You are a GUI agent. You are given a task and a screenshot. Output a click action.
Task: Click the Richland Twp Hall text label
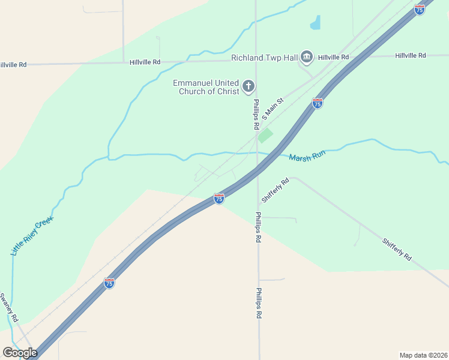pyautogui.click(x=265, y=58)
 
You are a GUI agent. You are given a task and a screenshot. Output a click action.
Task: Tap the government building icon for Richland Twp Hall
pyautogui.click(x=307, y=57)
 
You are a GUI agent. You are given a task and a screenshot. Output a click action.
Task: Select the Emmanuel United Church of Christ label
pyautogui.click(x=205, y=87)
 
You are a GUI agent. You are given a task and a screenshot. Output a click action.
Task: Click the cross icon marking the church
pyautogui.click(x=249, y=87)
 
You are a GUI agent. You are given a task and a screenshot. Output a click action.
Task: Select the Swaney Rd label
pyautogui.click(x=10, y=307)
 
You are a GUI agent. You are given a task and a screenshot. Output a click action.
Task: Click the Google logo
pyautogui.click(x=20, y=353)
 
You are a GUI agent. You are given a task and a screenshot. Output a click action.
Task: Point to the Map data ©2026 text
pyautogui.click(x=423, y=355)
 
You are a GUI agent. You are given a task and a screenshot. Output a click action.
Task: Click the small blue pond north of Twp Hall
pyautogui.click(x=315, y=23)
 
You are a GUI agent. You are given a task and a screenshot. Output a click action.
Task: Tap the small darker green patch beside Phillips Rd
pyautogui.click(x=265, y=136)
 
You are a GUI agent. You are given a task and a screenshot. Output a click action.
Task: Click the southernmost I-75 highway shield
pyautogui.click(x=109, y=283)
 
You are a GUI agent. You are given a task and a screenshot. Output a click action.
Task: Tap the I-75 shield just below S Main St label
pyautogui.click(x=318, y=103)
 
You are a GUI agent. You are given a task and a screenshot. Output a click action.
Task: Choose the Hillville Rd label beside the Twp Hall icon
pyautogui.click(x=334, y=57)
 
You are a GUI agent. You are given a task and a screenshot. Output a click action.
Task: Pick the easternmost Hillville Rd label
pyautogui.click(x=411, y=55)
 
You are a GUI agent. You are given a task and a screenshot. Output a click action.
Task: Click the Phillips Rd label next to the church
pyautogui.click(x=256, y=114)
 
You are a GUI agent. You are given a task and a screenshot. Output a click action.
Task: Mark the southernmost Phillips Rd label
pyautogui.click(x=259, y=304)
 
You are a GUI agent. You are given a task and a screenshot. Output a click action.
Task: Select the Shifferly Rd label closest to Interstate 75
pyautogui.click(x=276, y=190)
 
